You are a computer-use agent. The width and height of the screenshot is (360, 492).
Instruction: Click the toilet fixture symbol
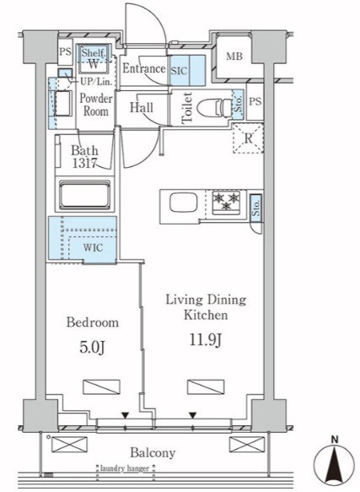pyautogui.click(x=213, y=108)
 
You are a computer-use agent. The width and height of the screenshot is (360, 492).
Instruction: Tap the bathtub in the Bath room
pyautogui.click(x=84, y=195)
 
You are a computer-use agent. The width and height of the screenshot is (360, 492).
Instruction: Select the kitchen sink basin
pyautogui.click(x=184, y=203)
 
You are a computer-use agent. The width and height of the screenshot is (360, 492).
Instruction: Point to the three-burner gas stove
pyautogui.click(x=226, y=203)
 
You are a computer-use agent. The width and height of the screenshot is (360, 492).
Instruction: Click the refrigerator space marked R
pyautogui.click(x=248, y=138)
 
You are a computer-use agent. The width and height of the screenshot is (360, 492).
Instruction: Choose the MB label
pyautogui.click(x=234, y=57)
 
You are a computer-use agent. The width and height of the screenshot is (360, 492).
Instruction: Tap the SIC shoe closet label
pyautogui.click(x=179, y=71)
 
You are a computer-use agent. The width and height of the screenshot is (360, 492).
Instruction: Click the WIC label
pyautogui.click(x=93, y=247)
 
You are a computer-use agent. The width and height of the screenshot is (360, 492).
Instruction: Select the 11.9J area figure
pyautogui.click(x=206, y=340)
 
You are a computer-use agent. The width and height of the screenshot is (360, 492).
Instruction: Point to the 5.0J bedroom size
pyautogui.click(x=92, y=348)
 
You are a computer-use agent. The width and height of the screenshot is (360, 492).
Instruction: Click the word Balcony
pyautogui.click(x=153, y=453)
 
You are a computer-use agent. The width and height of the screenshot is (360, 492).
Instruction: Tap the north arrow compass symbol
pyautogui.click(x=336, y=465)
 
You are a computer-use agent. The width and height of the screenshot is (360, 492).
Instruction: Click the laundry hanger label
pyautogui.click(x=125, y=468)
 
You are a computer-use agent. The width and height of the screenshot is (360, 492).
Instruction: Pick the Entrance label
pyautogui.click(x=144, y=68)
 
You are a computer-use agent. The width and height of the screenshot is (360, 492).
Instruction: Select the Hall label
pyautogui.click(x=142, y=108)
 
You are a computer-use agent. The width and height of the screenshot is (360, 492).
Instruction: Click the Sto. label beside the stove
pyautogui.click(x=256, y=208)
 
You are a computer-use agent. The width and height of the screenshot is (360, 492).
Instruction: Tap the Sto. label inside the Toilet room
pyautogui.click(x=239, y=104)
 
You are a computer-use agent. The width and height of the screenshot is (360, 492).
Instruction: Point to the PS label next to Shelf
pyautogui.click(x=65, y=51)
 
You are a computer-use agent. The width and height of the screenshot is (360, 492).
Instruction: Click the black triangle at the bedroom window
pyautogui.click(x=125, y=416)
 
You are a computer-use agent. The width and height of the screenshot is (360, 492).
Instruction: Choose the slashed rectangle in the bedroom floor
pyautogui.click(x=101, y=387)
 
